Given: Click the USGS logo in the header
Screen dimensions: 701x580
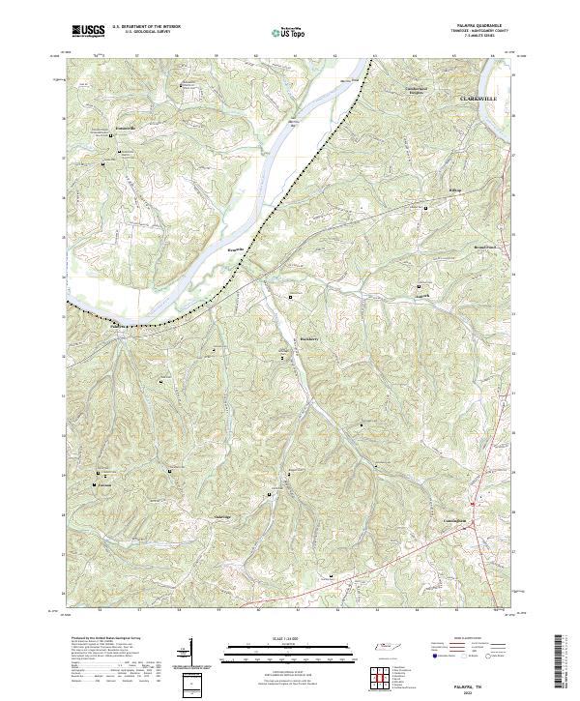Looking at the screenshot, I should (x=88, y=31).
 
